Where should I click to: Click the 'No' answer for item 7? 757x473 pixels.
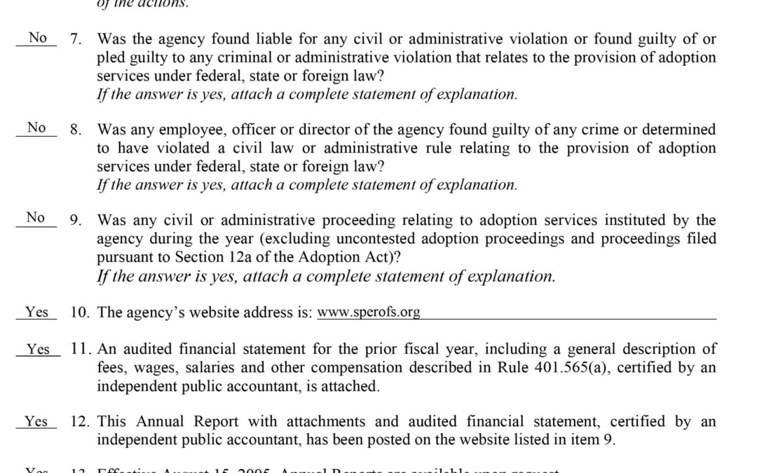coord(37,38)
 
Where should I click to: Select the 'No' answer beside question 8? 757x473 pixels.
coord(36,128)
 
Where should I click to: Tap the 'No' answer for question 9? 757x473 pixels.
coord(36,218)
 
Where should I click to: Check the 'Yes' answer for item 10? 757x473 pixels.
coord(36,313)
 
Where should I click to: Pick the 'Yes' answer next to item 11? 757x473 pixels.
coord(38,349)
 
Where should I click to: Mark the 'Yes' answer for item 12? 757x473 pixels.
coord(36,422)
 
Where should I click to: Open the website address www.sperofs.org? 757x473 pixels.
coord(369,313)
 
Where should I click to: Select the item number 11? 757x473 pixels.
coord(79,349)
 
